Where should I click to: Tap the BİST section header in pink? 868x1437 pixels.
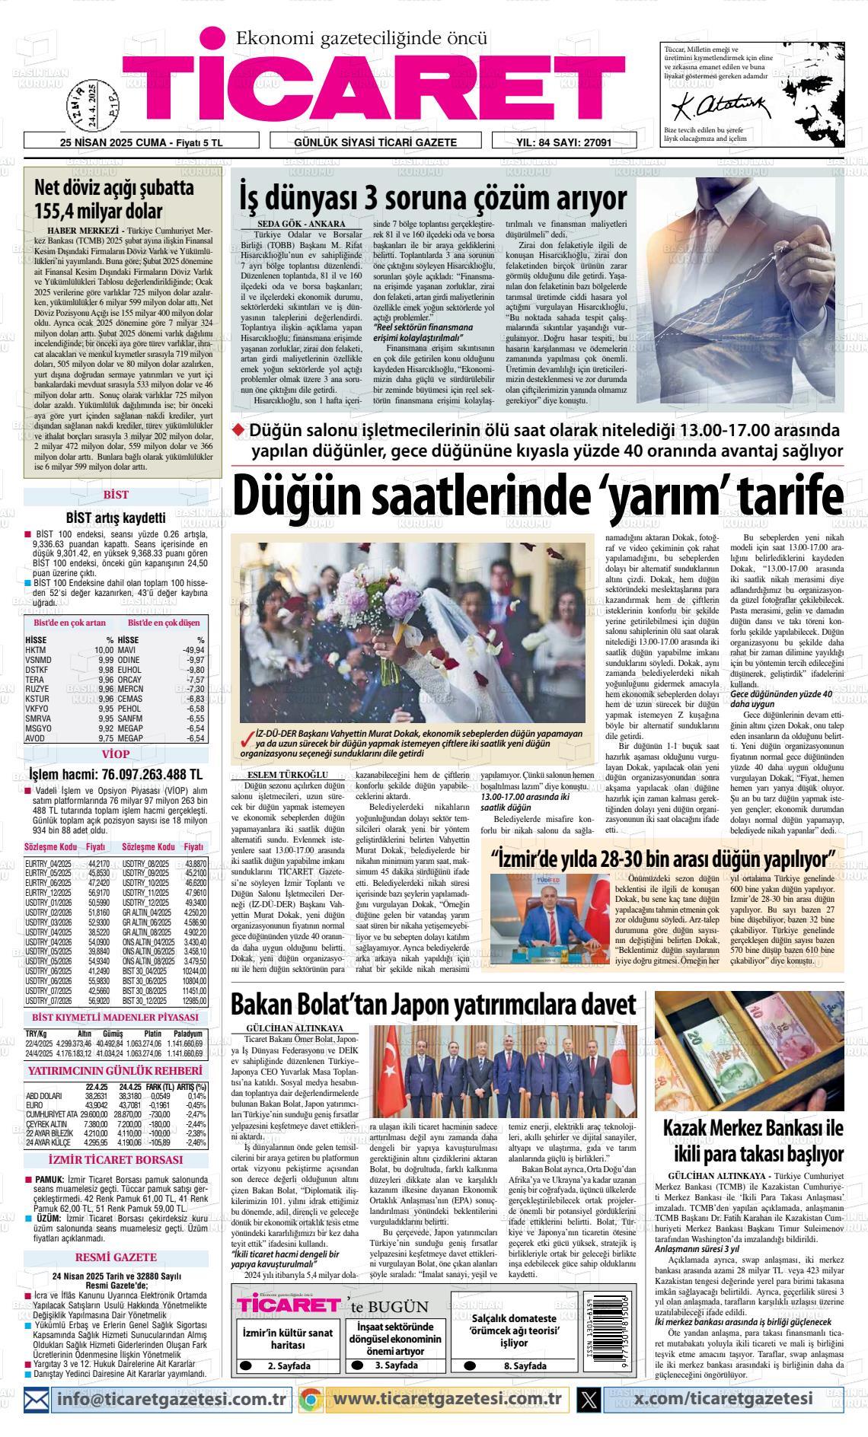pyautogui.click(x=116, y=495)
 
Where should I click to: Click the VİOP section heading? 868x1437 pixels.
pyautogui.click(x=116, y=754)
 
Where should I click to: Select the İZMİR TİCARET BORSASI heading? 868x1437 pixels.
pyautogui.click(x=116, y=1160)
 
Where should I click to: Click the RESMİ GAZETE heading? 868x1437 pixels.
pyautogui.click(x=116, y=1257)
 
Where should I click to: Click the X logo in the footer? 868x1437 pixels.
pyautogui.click(x=589, y=1398)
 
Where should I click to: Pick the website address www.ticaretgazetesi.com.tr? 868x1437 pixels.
pyautogui.click(x=448, y=1398)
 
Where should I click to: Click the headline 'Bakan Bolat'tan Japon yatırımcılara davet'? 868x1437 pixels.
pyautogui.click(x=433, y=1005)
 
